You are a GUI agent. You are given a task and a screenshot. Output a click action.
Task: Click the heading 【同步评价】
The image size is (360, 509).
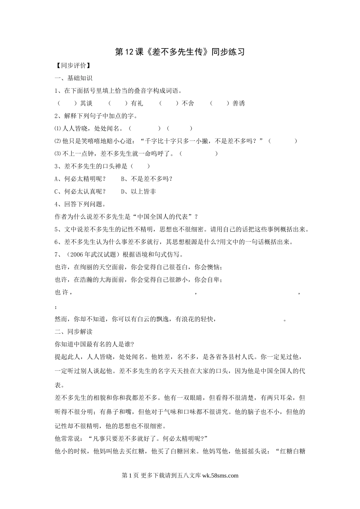pyautogui.click(x=72, y=65)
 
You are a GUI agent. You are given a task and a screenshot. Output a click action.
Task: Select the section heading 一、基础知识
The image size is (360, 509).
pyautogui.click(x=74, y=78)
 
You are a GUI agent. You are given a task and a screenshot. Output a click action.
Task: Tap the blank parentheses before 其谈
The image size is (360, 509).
pyautogui.click(x=65, y=103)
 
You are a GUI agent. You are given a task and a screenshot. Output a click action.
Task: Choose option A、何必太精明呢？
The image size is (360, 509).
pyautogui.click(x=80, y=179)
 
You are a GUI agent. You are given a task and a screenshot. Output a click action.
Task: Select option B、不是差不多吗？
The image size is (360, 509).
pyautogui.click(x=147, y=179)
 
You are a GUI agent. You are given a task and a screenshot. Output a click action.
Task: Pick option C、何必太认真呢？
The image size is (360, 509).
pyautogui.click(x=80, y=192)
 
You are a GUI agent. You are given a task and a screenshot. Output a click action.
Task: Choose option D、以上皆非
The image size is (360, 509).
pyautogui.click(x=138, y=192)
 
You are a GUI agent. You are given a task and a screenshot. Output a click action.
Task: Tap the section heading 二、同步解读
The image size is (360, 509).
pyautogui.click(x=74, y=332)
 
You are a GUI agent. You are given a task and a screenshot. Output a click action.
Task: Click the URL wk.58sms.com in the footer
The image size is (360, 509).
pyautogui.click(x=221, y=476)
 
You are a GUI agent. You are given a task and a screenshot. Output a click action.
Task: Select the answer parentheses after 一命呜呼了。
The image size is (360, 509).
pyautogui.click(x=199, y=154)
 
